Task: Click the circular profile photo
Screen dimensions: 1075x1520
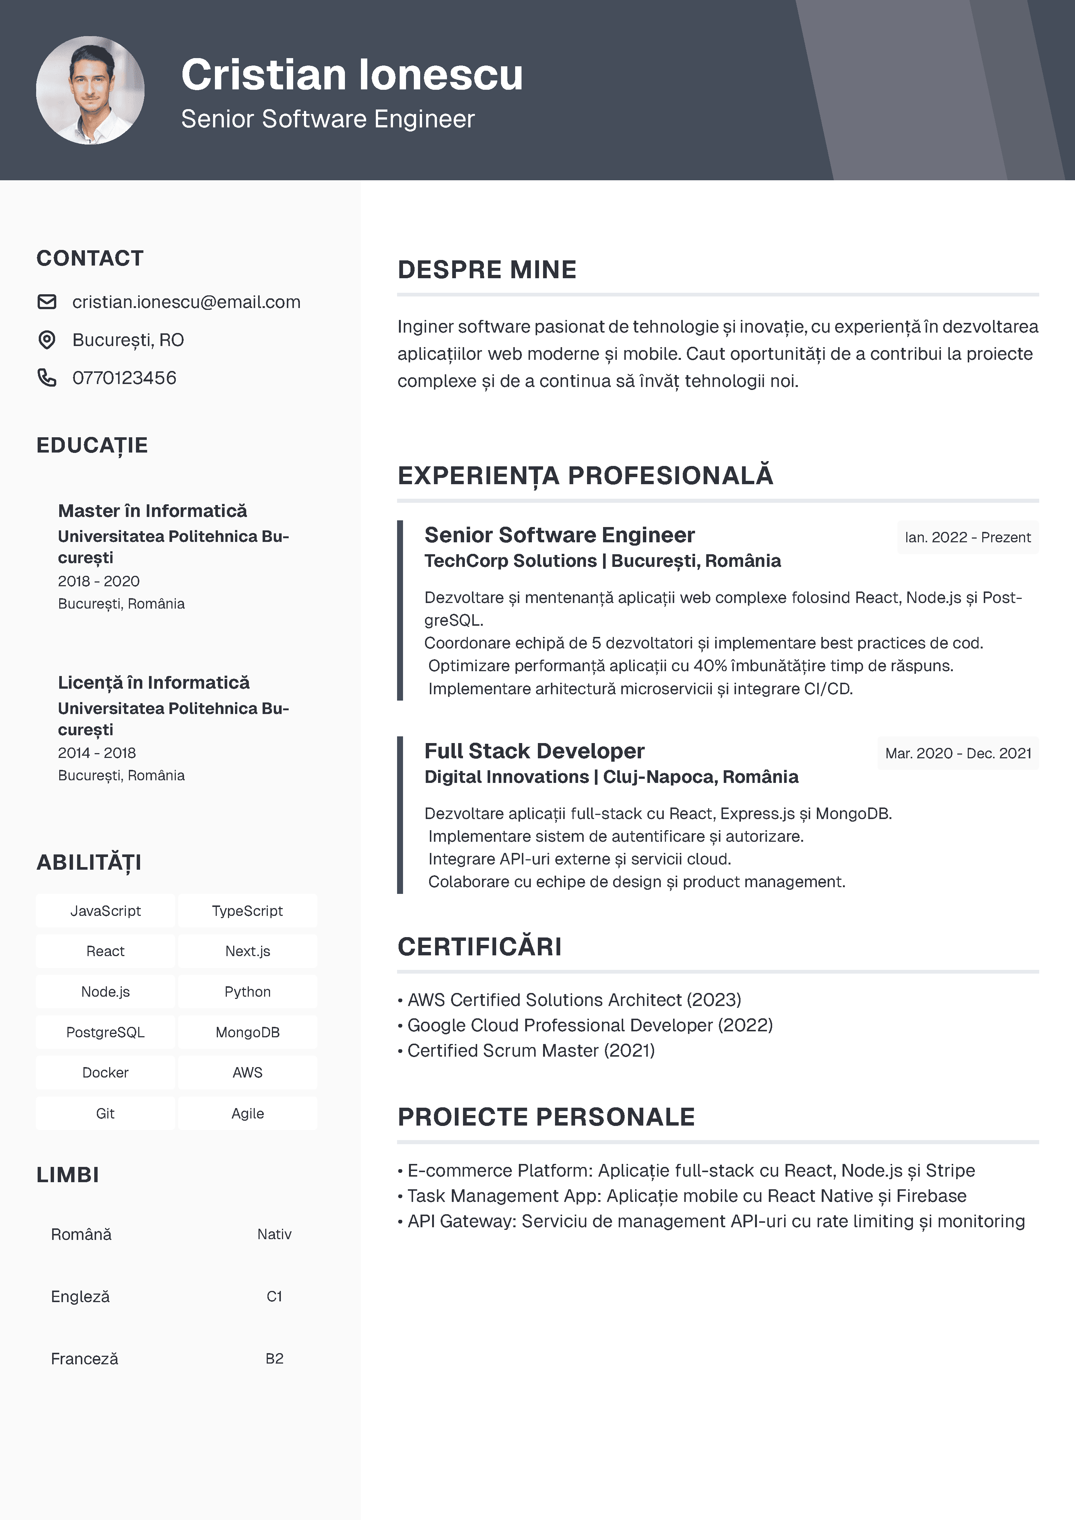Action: (90, 90)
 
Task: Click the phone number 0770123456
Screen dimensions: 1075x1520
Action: (124, 378)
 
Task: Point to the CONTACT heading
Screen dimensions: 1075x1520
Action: (90, 258)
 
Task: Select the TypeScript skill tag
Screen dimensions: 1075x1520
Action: (248, 911)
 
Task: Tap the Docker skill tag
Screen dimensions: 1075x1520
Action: (105, 1072)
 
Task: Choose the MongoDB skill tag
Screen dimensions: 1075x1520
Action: (248, 1032)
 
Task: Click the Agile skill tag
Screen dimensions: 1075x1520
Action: (248, 1114)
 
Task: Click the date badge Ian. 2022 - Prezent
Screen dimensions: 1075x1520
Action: (968, 537)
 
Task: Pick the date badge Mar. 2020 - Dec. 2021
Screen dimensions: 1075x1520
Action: (958, 753)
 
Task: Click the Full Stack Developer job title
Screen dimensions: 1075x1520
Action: (534, 751)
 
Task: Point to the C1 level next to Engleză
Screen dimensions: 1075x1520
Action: (274, 1296)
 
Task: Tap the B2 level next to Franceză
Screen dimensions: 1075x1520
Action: (274, 1358)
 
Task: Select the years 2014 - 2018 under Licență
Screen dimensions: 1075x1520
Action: (96, 753)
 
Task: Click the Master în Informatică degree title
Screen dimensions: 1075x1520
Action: (152, 511)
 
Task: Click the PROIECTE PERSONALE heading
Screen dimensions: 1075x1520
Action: (546, 1117)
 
